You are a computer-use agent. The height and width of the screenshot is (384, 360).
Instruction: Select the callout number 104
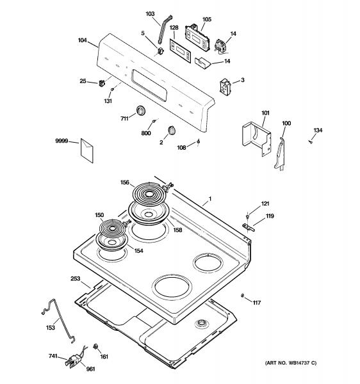click(x=82, y=40)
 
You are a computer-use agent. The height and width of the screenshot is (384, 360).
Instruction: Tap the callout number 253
click(x=75, y=279)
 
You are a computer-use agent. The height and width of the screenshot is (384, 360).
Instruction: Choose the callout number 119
click(x=270, y=216)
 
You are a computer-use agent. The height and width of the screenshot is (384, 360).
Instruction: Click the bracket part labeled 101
click(x=258, y=136)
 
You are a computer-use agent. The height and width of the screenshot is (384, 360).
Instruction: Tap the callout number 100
click(x=286, y=122)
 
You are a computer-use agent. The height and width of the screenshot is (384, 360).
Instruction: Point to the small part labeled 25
click(x=102, y=82)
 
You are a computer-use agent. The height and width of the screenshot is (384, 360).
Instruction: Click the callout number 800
click(x=146, y=133)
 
